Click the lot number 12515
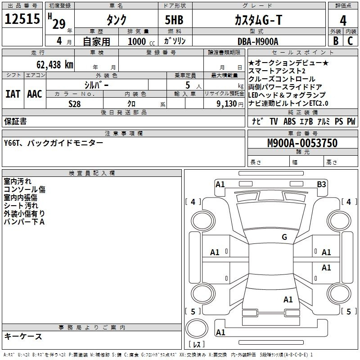pos(22,18)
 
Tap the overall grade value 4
pos(343,21)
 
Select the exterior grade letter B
pos(336,41)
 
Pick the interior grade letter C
pos(350,41)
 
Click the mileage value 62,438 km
pos(55,65)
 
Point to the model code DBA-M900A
pos(258,41)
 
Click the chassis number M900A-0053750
pos(302,143)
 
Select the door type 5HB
pos(174,20)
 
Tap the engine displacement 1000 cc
pos(141,41)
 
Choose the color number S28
pos(74,104)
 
